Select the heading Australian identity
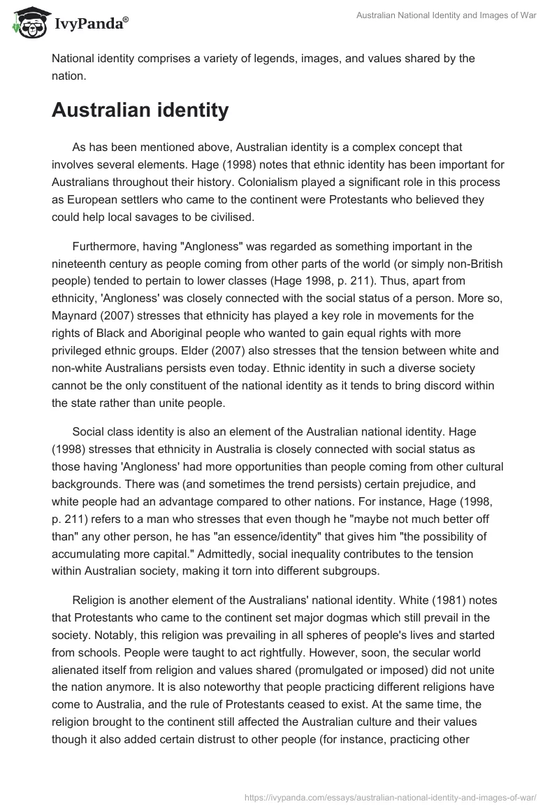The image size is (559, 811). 140,110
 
